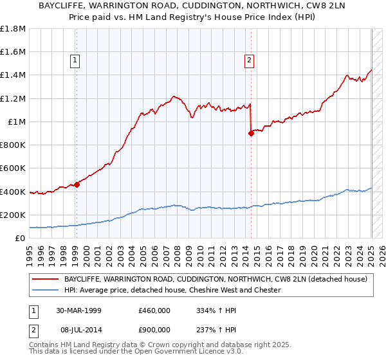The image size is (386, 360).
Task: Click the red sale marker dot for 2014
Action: coord(251,133)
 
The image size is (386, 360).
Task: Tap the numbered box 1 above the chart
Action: coord(76,61)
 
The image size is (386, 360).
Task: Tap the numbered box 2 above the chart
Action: coord(249,61)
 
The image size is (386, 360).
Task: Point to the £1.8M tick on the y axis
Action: coord(13,29)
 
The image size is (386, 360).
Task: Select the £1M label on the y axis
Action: coord(16,122)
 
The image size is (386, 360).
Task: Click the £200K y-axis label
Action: coord(13,215)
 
